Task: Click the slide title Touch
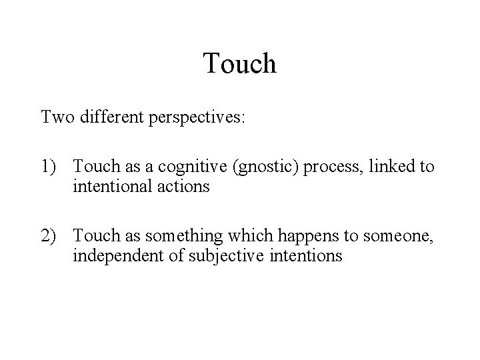coord(240,63)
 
